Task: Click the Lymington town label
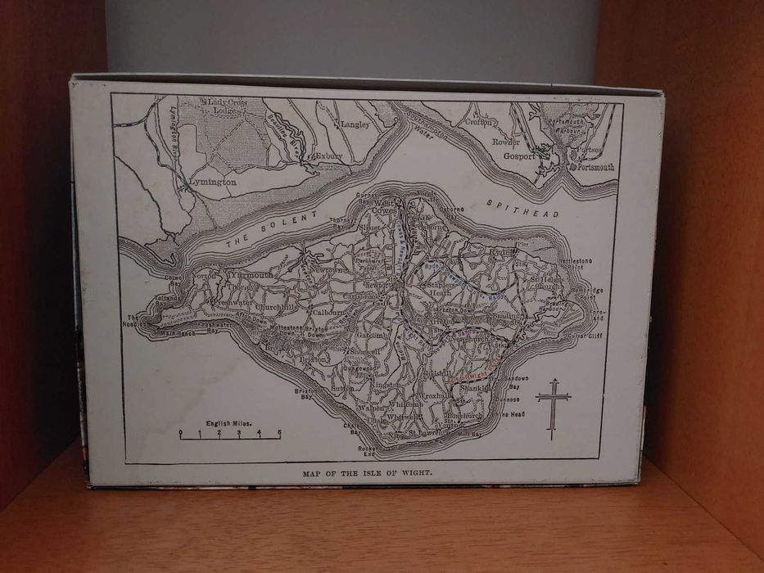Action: coord(214,182)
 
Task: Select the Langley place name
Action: coord(355,125)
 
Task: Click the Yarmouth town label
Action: coord(250,276)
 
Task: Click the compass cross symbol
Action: coord(553,407)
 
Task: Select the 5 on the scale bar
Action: coord(278,432)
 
